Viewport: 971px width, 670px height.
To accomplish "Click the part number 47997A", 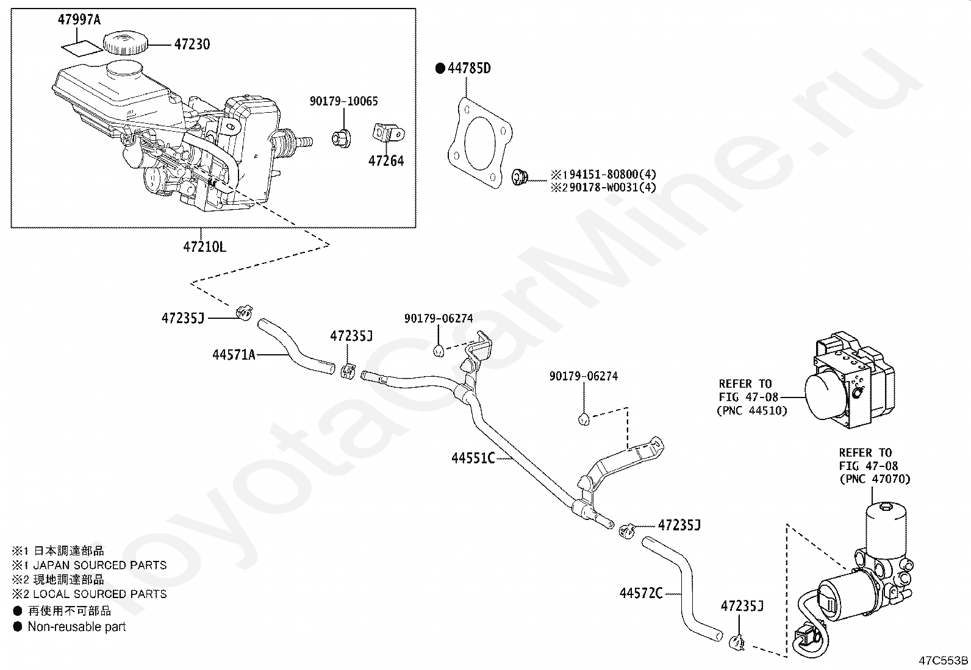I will pos(79,20).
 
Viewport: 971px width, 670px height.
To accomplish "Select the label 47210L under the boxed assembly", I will pos(204,247).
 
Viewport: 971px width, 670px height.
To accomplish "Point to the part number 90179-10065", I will pos(343,102).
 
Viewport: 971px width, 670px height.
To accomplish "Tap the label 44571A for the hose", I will pos(234,354).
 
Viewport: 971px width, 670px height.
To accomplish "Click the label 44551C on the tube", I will pos(473,458).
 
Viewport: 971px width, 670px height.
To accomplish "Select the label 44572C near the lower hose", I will pos(640,593).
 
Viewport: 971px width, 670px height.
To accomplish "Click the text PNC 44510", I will pos(751,411).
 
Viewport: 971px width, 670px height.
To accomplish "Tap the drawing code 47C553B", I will pos(944,661).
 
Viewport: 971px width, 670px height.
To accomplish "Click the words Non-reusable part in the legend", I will pos(76,627).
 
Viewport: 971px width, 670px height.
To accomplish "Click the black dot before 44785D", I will pos(440,68).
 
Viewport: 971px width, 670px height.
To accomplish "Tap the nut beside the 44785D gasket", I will pos(520,176).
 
